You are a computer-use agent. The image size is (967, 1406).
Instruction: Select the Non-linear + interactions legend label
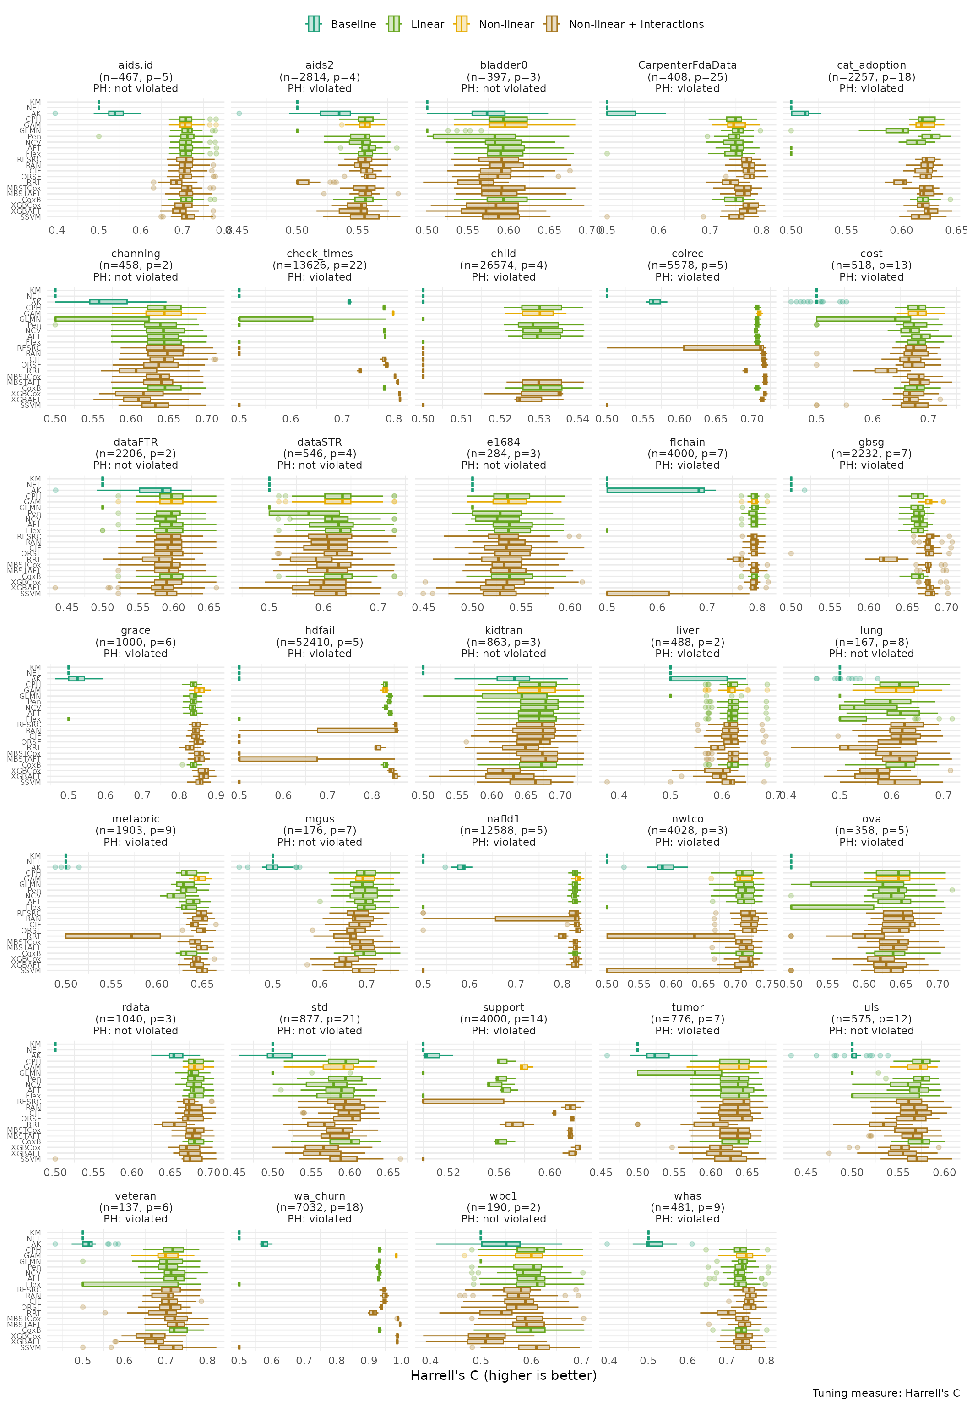[636, 24]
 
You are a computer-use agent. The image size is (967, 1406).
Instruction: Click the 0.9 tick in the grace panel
[216, 795]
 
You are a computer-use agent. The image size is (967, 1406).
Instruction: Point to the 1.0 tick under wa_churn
[401, 1361]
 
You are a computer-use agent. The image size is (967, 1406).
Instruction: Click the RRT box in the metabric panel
[113, 936]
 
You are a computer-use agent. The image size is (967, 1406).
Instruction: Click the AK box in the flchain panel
[655, 490]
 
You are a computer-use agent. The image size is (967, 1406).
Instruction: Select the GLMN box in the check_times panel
[276, 319]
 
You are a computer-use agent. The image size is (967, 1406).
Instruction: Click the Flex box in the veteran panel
[130, 1284]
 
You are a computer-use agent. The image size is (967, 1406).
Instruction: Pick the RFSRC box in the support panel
[463, 1102]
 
